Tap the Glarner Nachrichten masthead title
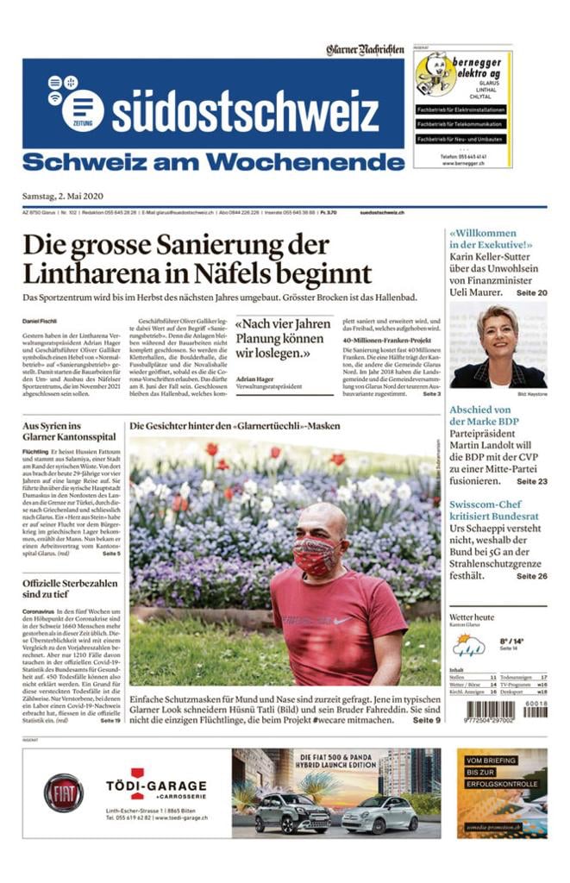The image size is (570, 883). click(x=365, y=50)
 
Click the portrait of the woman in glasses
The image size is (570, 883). click(x=498, y=346)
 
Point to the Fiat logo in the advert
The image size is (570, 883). click(x=64, y=792)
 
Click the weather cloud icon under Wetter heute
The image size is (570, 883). click(x=469, y=643)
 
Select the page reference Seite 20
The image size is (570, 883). click(x=531, y=293)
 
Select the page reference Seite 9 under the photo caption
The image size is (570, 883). click(x=426, y=719)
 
